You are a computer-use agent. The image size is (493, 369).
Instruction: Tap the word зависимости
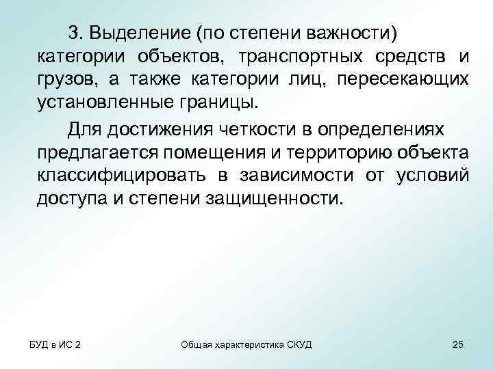[x=295, y=176]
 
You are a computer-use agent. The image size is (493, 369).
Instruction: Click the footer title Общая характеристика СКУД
[x=246, y=344]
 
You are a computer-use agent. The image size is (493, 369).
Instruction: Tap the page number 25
[x=458, y=344]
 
